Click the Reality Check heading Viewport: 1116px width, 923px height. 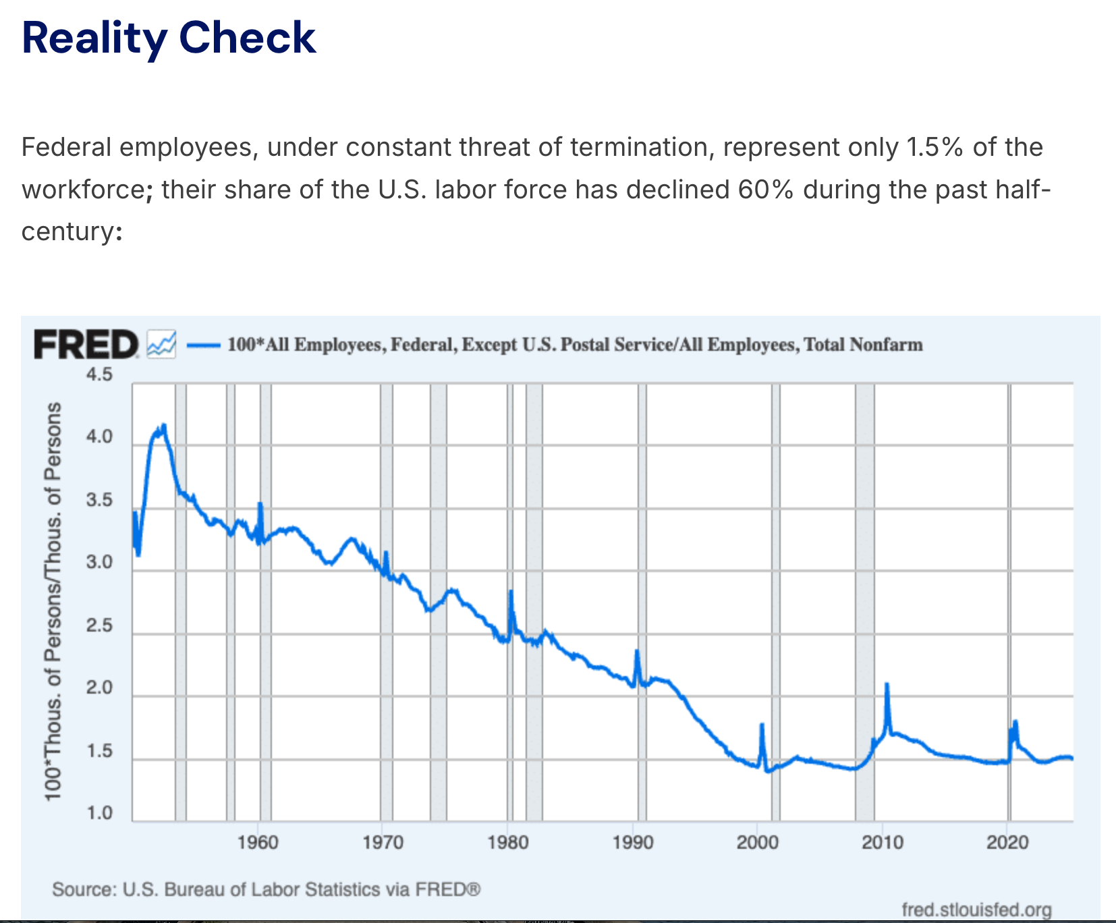pyautogui.click(x=169, y=38)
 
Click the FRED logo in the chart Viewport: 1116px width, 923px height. pyautogui.click(x=86, y=345)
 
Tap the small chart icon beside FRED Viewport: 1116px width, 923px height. pyautogui.click(x=161, y=344)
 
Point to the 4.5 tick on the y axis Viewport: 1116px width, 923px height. pyautogui.click(x=99, y=374)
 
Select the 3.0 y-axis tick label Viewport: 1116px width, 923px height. pyautogui.click(x=99, y=563)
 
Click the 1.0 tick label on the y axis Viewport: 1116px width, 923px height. pyautogui.click(x=99, y=813)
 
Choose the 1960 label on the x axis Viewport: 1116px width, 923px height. pyautogui.click(x=258, y=842)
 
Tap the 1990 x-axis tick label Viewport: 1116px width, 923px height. pyautogui.click(x=633, y=842)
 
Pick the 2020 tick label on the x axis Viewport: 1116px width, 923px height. pyautogui.click(x=1007, y=842)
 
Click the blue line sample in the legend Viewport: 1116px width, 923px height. pyautogui.click(x=203, y=345)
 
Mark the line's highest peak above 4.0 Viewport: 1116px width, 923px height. pyautogui.click(x=163, y=426)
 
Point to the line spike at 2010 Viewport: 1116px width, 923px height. pyautogui.click(x=887, y=686)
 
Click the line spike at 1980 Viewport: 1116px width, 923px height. pyautogui.click(x=511, y=592)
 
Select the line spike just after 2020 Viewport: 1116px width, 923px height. pyautogui.click(x=1015, y=723)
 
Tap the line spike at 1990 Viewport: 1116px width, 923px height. pyautogui.click(x=636, y=652)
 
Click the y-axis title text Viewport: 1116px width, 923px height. pyautogui.click(x=53, y=600)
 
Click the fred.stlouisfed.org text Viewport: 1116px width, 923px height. pyautogui.click(x=976, y=910)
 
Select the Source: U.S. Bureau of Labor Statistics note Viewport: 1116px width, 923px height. pyautogui.click(x=266, y=889)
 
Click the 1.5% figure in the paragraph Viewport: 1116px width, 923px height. pyautogui.click(x=934, y=147)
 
